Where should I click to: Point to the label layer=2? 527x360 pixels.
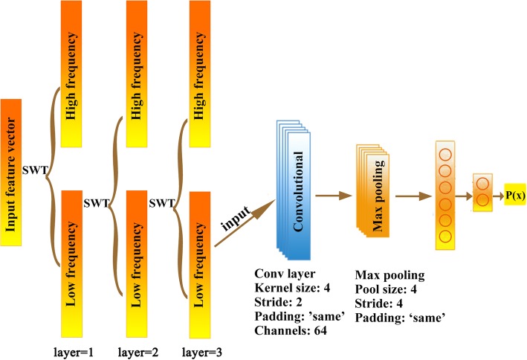(140, 348)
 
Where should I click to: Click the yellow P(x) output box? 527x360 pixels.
(514, 196)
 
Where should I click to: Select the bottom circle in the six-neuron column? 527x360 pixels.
(444, 237)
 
